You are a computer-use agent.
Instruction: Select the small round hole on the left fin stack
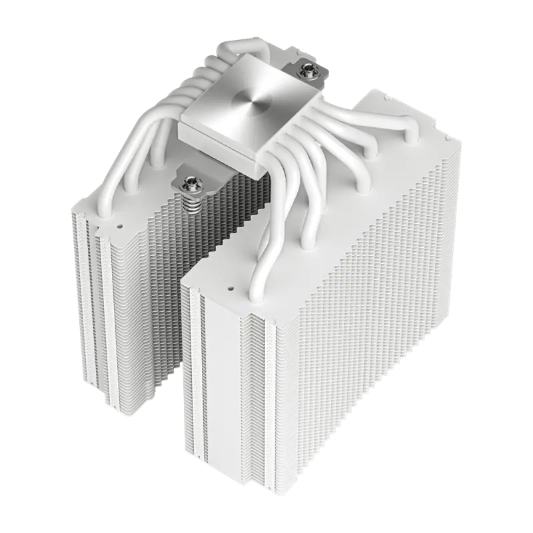click(x=123, y=226)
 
